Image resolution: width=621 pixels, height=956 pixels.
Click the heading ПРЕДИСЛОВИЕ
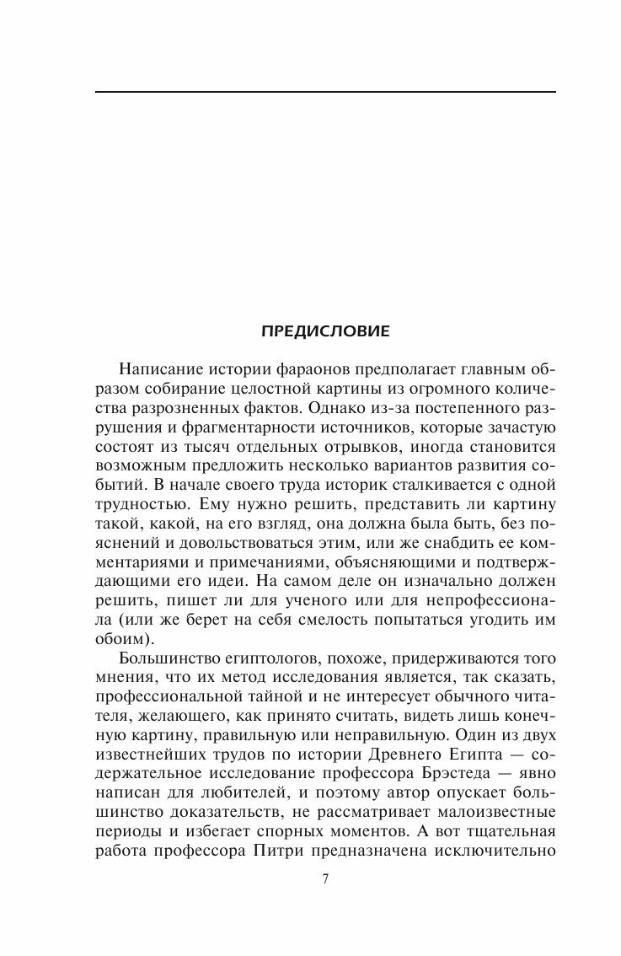[x=325, y=331]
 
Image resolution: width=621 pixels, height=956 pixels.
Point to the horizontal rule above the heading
[x=325, y=91]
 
